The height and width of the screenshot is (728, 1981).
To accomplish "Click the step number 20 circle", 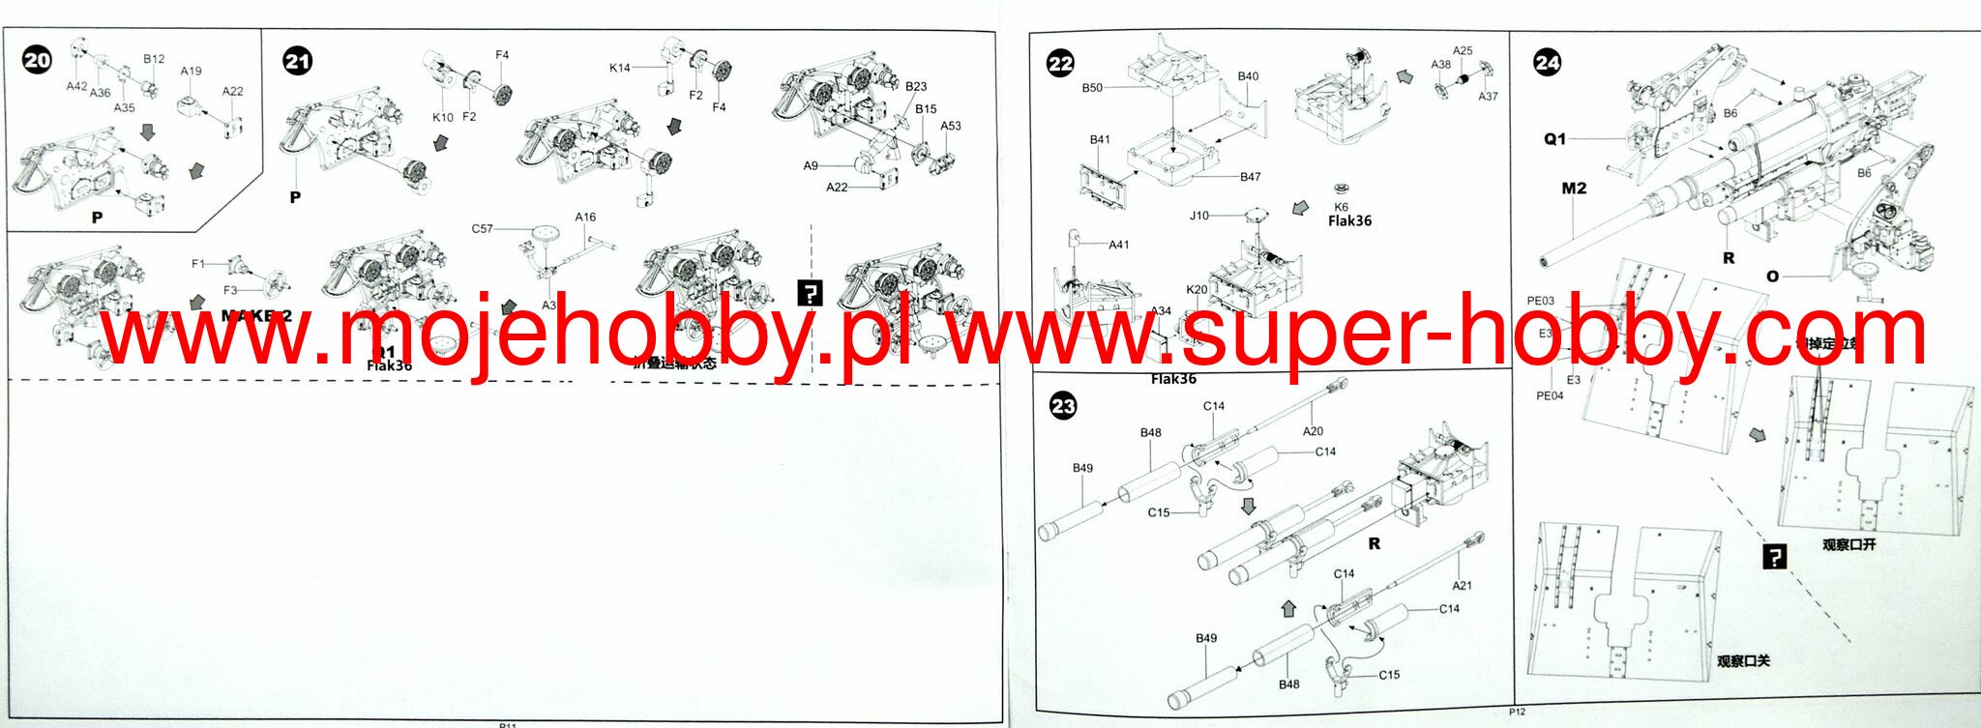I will coord(37,60).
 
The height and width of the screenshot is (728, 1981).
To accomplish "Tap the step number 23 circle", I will coord(1063,406).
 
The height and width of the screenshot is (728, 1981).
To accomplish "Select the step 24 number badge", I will coord(1548,63).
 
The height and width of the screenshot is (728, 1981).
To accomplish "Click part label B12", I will coord(154,59).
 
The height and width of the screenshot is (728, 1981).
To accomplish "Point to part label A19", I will coord(191,71).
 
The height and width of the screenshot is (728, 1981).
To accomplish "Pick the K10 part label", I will coord(442,117).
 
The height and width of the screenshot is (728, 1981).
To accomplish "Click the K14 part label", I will coord(619,68).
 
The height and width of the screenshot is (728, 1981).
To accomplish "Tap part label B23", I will coord(916,86).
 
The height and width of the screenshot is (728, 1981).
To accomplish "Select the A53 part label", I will coord(951,126).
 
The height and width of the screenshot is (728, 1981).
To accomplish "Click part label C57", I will coord(482,229).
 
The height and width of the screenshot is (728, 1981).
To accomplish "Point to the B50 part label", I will coord(1092,88).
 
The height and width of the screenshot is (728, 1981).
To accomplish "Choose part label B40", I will coord(1248,76).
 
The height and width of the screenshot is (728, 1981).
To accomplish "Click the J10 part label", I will coord(1199,216).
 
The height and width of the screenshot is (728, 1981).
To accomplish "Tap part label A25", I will coord(1463,51).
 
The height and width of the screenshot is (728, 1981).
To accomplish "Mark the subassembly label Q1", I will coord(1554,139).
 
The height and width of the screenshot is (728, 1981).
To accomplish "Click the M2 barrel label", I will coord(1574,189).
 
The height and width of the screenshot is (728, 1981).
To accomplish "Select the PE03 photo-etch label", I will coord(1541,301).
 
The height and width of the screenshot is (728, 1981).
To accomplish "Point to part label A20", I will coord(1313,431).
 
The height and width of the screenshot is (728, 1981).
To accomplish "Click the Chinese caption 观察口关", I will coord(1743,661).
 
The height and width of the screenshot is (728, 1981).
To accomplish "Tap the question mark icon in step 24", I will coord(1775,557).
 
